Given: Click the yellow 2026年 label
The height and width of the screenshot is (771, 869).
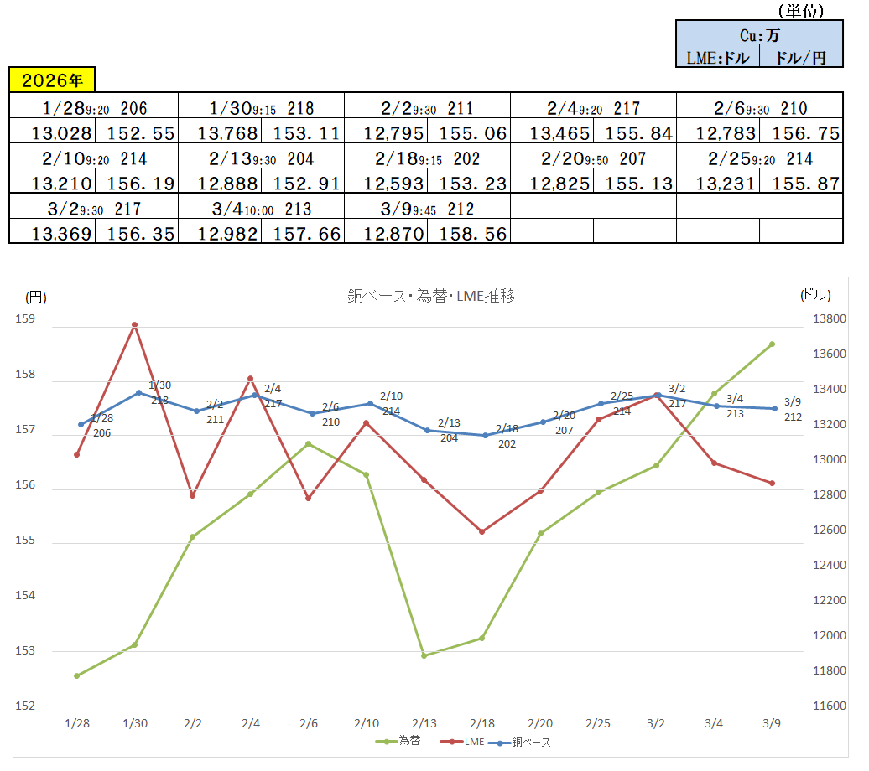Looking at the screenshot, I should pyautogui.click(x=52, y=80).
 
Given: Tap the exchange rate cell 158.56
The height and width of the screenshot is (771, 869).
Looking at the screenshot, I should pyautogui.click(x=468, y=233).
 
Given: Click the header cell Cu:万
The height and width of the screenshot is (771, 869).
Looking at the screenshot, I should pyautogui.click(x=759, y=34).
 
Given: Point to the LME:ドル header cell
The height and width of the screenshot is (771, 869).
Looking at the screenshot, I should pyautogui.click(x=717, y=57).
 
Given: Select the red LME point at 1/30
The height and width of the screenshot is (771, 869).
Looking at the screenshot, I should pyautogui.click(x=134, y=324).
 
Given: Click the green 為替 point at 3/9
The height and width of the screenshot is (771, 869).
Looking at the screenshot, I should pyautogui.click(x=772, y=344).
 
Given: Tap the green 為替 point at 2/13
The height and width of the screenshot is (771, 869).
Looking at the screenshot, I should pyautogui.click(x=424, y=655).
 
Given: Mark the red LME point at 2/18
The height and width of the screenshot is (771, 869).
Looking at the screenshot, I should pyautogui.click(x=482, y=531).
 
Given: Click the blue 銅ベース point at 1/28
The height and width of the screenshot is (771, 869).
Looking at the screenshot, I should pyautogui.click(x=81, y=424).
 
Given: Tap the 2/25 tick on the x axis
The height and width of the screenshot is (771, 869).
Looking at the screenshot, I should pyautogui.click(x=597, y=722).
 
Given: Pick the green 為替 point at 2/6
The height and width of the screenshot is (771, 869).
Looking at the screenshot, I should pyautogui.click(x=308, y=443).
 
